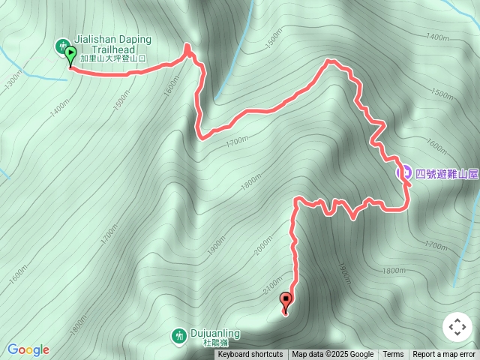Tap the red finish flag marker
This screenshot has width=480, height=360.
(286, 301)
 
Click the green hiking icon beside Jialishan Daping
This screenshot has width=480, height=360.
(61, 46)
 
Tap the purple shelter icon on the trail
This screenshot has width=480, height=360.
(403, 172)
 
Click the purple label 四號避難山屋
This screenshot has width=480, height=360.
(446, 173)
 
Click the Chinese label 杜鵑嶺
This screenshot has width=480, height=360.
(214, 342)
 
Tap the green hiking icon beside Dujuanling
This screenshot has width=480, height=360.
(179, 336)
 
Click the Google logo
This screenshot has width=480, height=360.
(28, 349)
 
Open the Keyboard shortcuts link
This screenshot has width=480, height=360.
(250, 355)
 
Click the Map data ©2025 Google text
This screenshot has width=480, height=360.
(333, 355)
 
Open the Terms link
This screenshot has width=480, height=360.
(393, 355)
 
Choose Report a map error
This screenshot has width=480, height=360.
(445, 355)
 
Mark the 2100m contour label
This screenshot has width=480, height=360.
(272, 285)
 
